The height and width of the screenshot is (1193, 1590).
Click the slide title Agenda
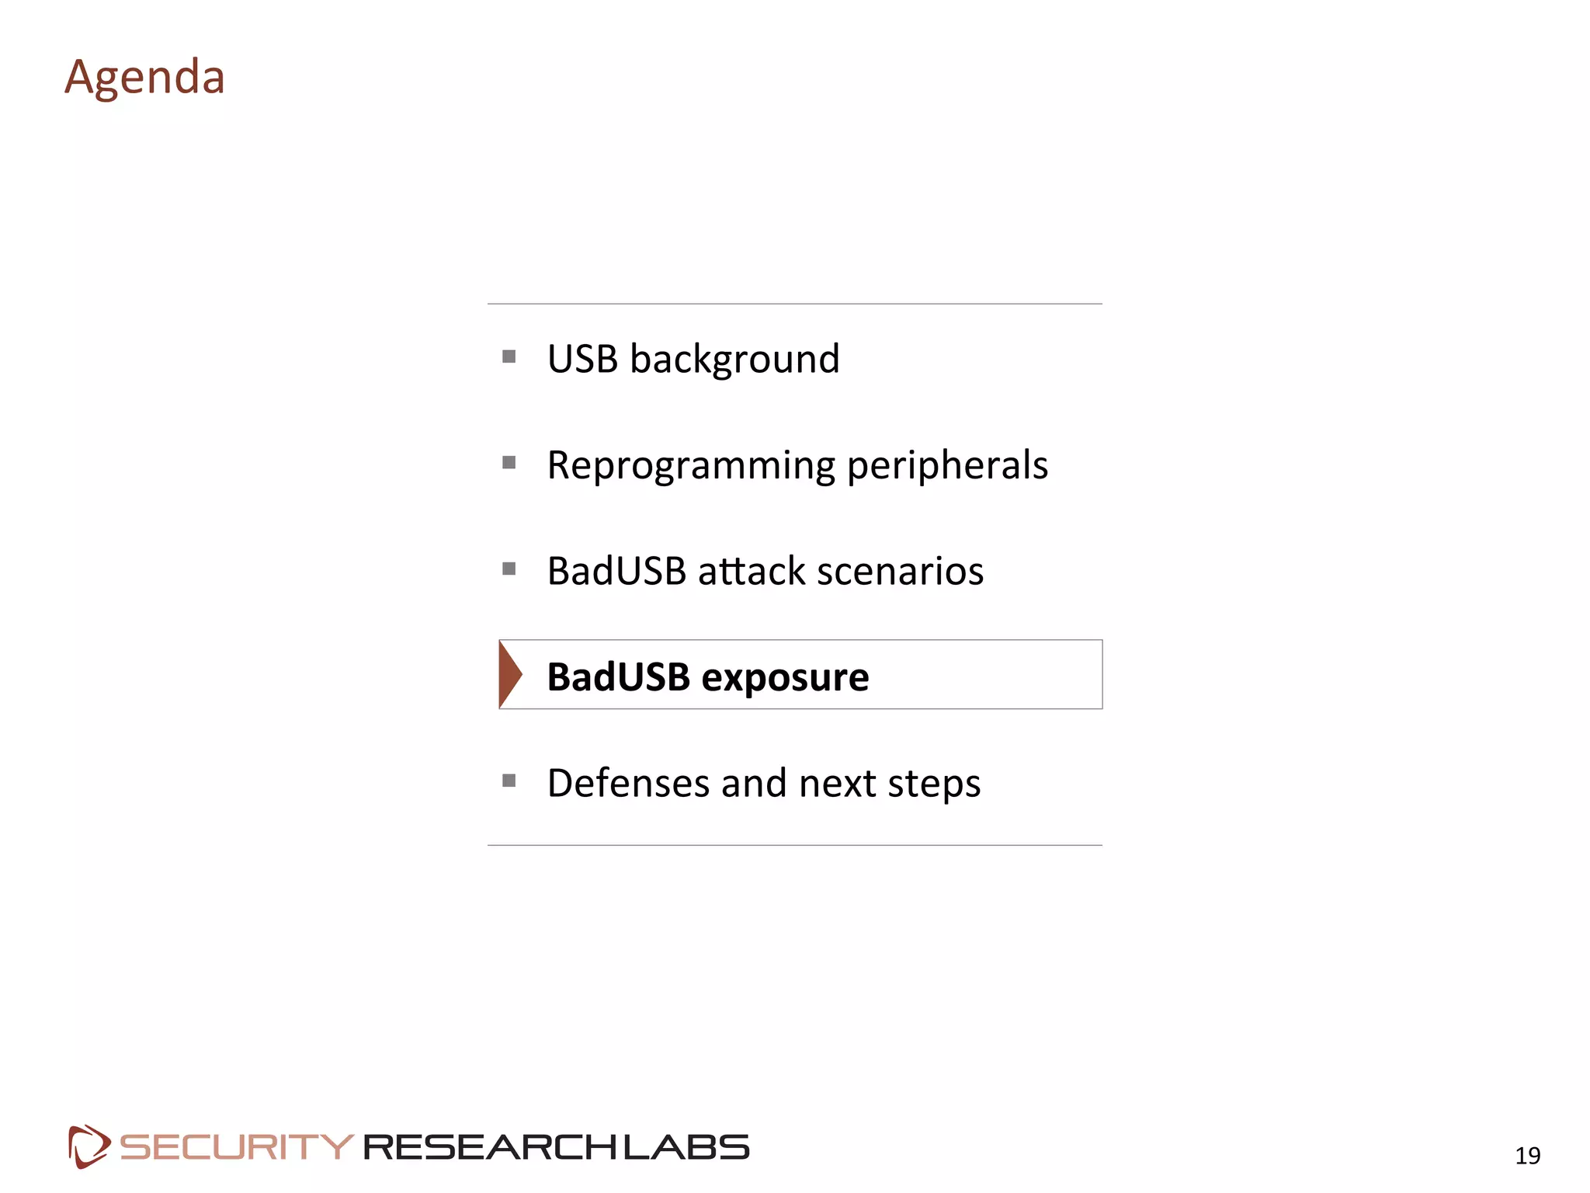[144, 78]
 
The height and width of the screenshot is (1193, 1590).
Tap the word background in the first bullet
[734, 360]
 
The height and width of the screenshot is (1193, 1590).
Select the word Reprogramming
[691, 466]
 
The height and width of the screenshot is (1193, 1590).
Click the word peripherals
[947, 466]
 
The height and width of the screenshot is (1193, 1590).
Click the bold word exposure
[785, 677]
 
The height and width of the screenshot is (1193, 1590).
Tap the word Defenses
[628, 783]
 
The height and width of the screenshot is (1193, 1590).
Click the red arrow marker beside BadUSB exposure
[510, 674]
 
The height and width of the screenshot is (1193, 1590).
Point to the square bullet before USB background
[509, 357]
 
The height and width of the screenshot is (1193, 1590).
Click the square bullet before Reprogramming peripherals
[509, 463]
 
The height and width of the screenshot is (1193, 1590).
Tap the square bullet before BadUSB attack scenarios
[509, 569]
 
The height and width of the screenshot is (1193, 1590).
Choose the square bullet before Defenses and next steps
[509, 781]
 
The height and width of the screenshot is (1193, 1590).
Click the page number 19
[1527, 1156]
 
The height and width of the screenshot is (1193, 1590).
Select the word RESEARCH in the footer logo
[491, 1147]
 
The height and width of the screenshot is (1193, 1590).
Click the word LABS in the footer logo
[686, 1147]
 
